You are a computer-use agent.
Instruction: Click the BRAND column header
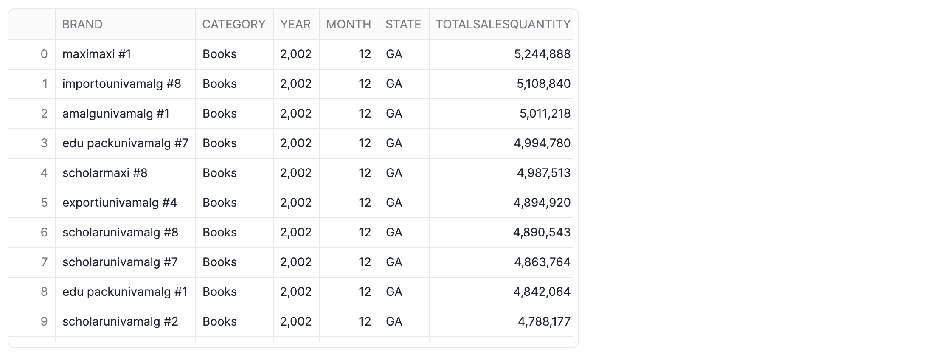click(82, 24)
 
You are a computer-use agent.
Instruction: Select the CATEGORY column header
click(234, 24)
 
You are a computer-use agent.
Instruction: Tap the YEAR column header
click(295, 24)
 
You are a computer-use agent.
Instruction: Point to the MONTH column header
click(349, 24)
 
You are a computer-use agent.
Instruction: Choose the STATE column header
click(403, 24)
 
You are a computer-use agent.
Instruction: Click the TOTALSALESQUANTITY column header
click(503, 24)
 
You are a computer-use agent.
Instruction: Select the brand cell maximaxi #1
click(97, 54)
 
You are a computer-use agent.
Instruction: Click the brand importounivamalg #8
click(122, 84)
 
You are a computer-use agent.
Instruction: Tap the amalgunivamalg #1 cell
click(116, 113)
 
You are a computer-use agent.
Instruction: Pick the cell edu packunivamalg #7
click(125, 143)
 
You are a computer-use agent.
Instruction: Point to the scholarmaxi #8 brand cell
click(105, 173)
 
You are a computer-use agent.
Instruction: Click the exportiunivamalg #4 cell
click(120, 202)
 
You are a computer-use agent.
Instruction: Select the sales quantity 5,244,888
click(542, 54)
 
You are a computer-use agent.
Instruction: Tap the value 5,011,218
click(545, 113)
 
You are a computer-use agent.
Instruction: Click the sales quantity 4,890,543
click(542, 232)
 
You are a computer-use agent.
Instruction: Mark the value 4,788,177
click(544, 321)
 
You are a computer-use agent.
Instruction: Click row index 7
click(44, 262)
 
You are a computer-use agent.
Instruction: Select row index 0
click(44, 54)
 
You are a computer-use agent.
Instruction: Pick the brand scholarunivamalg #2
click(120, 321)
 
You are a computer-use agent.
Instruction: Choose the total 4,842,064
click(542, 292)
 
